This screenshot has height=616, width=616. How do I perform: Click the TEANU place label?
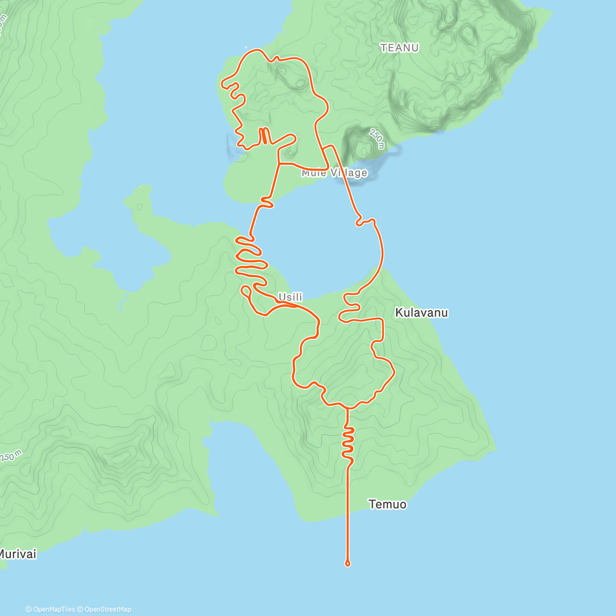tap(399, 48)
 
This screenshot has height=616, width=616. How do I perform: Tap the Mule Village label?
tap(334, 172)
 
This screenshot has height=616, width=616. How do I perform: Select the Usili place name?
tap(290, 297)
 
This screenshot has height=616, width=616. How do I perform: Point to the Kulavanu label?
tap(421, 313)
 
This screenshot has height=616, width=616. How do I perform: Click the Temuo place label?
tap(388, 505)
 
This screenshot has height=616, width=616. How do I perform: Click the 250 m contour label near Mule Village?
tap(376, 139)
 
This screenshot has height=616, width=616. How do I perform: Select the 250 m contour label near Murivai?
tap(11, 456)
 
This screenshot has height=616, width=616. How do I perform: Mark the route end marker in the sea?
tap(348, 564)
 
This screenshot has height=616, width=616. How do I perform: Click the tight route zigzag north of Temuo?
tap(348, 441)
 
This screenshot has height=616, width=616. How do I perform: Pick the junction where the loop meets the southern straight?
tap(348, 408)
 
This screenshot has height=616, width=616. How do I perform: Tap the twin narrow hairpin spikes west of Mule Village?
tap(263, 136)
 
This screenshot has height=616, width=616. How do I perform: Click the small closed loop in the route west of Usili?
tap(245, 292)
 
